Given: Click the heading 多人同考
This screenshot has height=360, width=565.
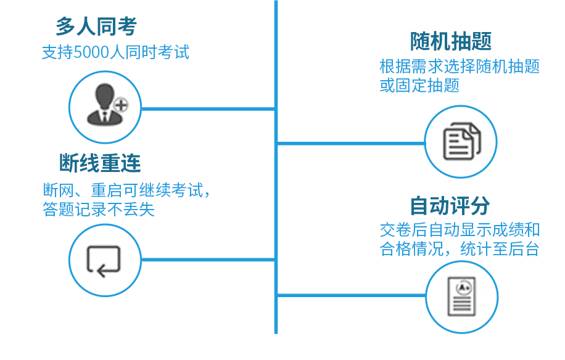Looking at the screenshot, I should (96, 27).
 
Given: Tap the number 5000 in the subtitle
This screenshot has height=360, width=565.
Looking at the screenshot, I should (92, 52).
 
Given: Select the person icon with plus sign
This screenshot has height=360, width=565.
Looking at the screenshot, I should (104, 107).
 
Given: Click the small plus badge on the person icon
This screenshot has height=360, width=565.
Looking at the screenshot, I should (121, 105).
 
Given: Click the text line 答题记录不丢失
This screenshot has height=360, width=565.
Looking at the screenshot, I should (99, 210).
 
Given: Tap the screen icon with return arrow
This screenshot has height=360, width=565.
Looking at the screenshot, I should (104, 260).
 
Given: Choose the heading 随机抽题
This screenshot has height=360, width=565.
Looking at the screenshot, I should (451, 42).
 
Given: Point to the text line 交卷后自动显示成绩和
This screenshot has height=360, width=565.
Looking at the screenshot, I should (460, 231).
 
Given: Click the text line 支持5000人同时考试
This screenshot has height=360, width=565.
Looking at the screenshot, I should (115, 52).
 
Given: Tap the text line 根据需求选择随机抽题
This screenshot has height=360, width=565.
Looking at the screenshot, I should (460, 67).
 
